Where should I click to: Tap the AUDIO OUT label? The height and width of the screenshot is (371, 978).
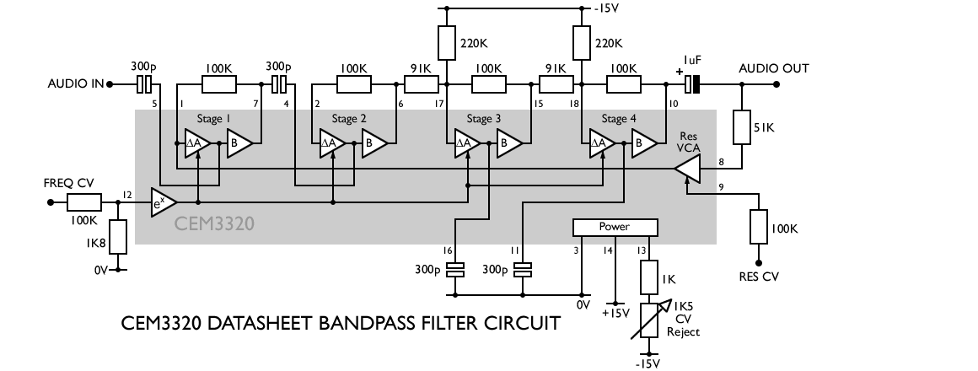click(773, 68)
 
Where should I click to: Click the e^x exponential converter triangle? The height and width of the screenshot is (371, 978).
click(162, 203)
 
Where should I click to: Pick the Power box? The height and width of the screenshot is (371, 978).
click(614, 227)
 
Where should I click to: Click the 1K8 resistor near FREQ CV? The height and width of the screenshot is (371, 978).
click(117, 237)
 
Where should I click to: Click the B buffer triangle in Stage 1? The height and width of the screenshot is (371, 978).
click(238, 144)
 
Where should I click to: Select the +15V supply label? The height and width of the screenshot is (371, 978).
click(615, 313)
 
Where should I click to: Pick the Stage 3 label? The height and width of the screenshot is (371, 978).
click(483, 119)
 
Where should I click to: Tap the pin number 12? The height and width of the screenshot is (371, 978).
click(127, 196)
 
